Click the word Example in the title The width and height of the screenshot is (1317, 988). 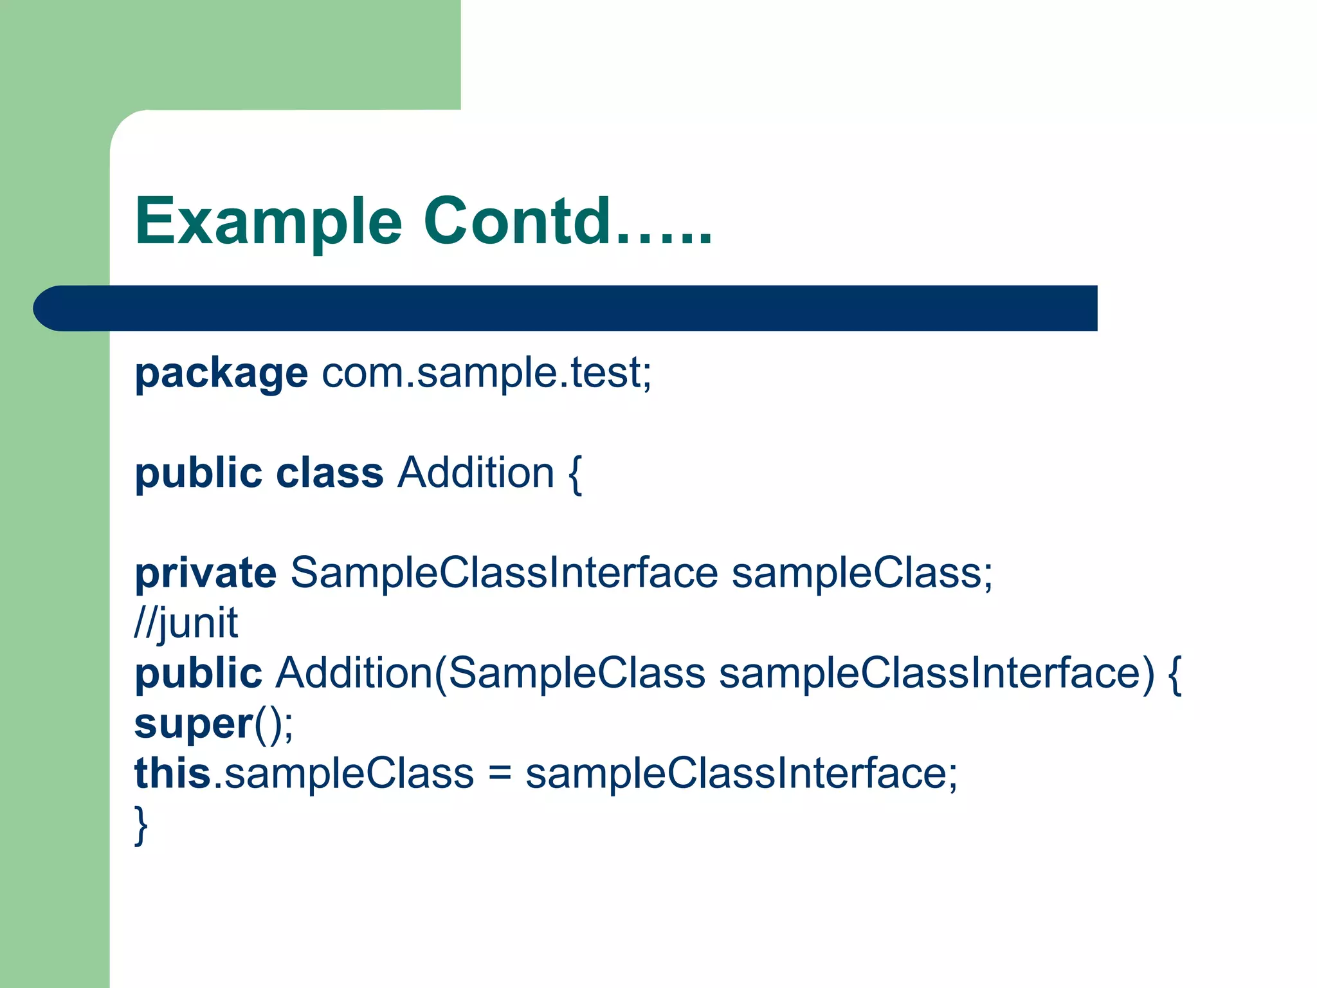click(x=268, y=222)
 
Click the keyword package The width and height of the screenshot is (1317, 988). click(x=221, y=374)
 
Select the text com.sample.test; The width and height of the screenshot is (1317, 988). click(x=487, y=372)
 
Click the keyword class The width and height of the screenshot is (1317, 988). click(x=329, y=473)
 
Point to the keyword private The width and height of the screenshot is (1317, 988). click(x=205, y=573)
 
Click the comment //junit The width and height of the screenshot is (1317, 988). click(x=186, y=623)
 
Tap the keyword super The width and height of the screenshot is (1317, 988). click(x=194, y=724)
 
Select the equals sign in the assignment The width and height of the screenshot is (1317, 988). click(x=500, y=774)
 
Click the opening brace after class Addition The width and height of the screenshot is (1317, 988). click(x=575, y=475)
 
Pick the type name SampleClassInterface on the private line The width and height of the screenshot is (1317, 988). click(x=504, y=572)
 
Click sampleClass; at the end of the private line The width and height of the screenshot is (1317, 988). click(x=862, y=572)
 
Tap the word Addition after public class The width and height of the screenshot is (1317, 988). click(x=475, y=473)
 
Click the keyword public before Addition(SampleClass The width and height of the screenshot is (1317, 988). click(x=198, y=673)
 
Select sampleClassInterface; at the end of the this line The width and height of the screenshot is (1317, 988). click(x=741, y=773)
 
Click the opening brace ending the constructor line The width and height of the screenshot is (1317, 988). click(x=1174, y=674)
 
